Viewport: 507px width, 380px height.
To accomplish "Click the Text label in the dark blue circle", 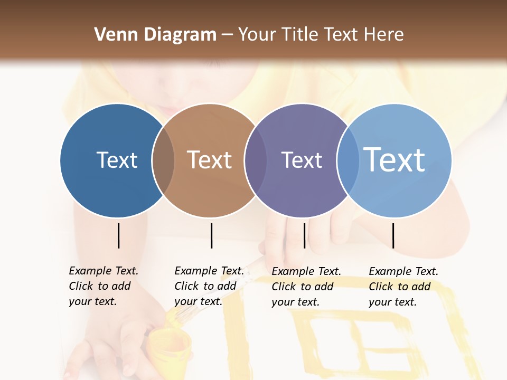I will (117, 160).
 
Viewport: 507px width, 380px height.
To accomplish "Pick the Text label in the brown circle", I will (210, 160).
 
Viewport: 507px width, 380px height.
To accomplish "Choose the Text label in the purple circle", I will (302, 160).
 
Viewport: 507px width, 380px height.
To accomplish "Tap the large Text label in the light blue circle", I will (395, 160).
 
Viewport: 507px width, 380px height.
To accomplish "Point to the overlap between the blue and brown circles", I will (163, 160).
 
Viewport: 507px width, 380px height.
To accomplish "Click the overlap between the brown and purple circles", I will (256, 160).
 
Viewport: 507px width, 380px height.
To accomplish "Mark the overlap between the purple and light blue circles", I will (348, 160).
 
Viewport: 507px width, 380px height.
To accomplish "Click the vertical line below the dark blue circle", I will (118, 235).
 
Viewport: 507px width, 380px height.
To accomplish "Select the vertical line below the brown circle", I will (211, 235).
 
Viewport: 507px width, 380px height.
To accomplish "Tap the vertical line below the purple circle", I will (304, 235).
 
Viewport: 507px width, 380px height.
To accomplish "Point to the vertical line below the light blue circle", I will (393, 235).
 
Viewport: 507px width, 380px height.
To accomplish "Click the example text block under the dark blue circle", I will (103, 286).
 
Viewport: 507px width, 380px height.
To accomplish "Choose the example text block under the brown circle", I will (209, 286).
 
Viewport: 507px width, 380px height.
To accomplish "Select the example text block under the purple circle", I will (306, 287).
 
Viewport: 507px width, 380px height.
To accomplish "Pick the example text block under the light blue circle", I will (403, 287).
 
